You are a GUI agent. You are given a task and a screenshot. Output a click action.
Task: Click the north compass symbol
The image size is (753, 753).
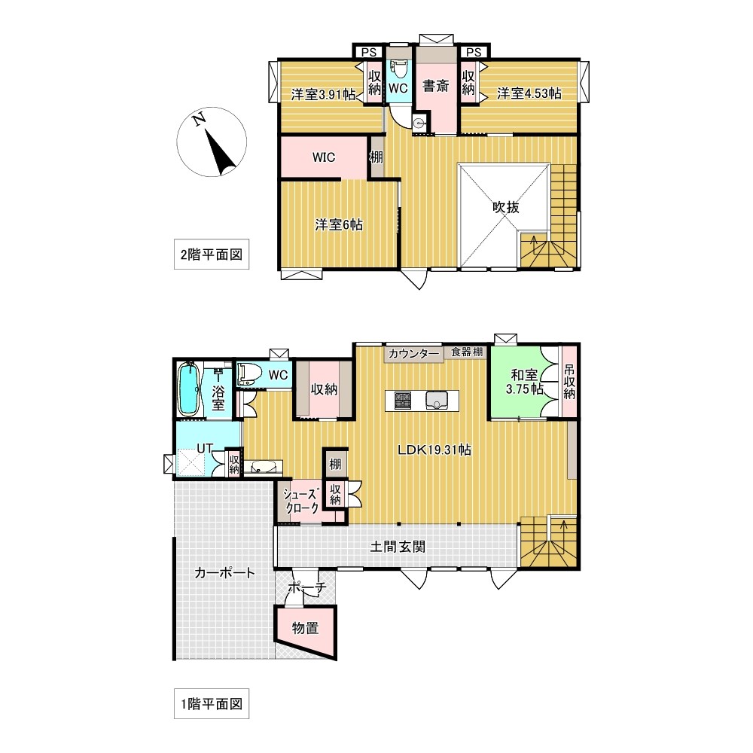click(x=212, y=142)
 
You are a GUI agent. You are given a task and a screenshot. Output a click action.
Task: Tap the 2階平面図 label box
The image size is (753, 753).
click(x=212, y=254)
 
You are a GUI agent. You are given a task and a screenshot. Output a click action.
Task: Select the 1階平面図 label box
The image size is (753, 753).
click(x=212, y=703)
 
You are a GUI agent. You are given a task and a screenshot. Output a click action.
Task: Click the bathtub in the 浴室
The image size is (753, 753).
click(x=189, y=389)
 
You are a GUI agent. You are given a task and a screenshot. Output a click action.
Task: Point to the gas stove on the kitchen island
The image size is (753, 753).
click(x=402, y=400)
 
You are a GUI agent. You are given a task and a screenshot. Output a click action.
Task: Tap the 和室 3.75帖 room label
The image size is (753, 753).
click(x=524, y=381)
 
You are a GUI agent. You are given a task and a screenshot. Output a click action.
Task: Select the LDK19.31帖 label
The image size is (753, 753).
click(x=434, y=450)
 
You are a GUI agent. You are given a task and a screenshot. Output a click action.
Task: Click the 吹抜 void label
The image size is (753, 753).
click(x=506, y=207)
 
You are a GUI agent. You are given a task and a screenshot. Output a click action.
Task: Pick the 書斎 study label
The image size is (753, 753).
click(x=435, y=86)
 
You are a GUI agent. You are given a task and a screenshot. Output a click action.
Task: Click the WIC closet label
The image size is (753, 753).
click(x=324, y=157)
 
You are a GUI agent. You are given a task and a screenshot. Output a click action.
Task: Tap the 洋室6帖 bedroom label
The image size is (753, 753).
click(x=339, y=224)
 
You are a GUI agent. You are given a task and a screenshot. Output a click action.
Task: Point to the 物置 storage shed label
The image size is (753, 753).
click(x=306, y=628)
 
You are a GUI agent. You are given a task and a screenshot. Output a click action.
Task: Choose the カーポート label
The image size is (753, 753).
click(x=224, y=572)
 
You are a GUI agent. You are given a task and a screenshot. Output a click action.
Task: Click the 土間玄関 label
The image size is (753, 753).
click(x=398, y=547)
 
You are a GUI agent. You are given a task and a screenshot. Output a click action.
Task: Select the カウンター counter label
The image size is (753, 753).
click(x=413, y=354)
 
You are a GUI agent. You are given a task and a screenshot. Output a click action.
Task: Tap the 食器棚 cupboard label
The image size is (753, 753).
click(x=467, y=352)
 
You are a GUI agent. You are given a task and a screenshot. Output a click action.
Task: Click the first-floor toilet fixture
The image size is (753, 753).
click(x=248, y=373)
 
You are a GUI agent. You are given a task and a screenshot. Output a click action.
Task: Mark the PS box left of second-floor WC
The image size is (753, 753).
click(x=369, y=52)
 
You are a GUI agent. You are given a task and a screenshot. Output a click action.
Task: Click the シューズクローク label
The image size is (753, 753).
click(x=301, y=501)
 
